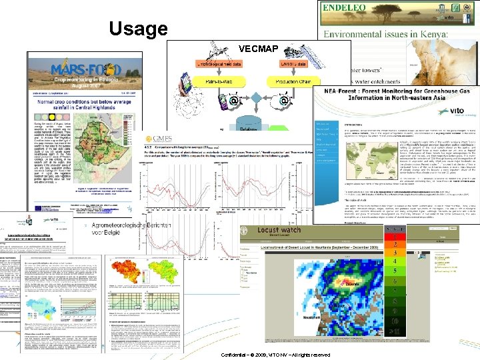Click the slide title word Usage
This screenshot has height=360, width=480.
[x=137, y=29]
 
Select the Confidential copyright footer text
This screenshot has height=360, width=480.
[x=274, y=355]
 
